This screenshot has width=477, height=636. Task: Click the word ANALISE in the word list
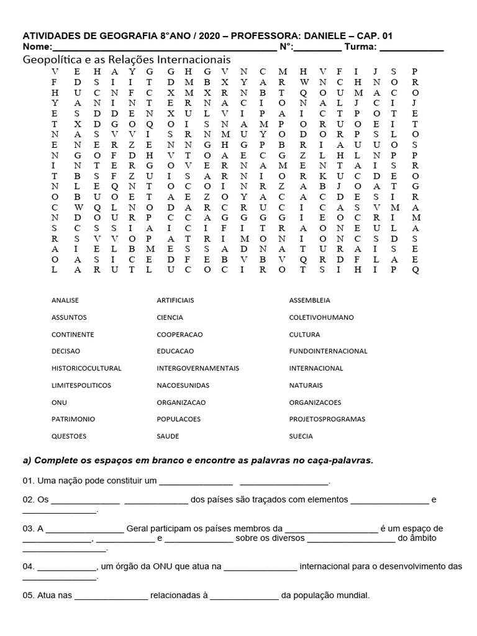click(x=65, y=300)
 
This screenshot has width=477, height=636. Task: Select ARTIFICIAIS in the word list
click(x=175, y=300)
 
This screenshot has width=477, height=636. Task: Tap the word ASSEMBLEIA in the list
click(x=310, y=300)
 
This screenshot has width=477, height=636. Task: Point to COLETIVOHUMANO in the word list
click(x=321, y=317)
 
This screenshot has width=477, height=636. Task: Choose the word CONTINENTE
click(x=73, y=334)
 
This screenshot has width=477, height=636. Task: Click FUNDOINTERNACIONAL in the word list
click(x=328, y=351)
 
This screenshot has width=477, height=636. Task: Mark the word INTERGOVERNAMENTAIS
click(x=198, y=368)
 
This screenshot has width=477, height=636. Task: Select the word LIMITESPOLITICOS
click(x=81, y=385)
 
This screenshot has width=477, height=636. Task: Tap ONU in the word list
click(x=59, y=402)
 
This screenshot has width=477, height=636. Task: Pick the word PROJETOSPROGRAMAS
click(x=327, y=419)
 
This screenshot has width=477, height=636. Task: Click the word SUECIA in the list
click(x=301, y=436)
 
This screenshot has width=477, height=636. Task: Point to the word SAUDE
click(x=168, y=436)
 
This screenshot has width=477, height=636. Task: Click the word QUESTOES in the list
click(x=69, y=436)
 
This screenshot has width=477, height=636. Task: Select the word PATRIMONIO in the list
click(x=73, y=419)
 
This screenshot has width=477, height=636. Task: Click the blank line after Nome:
click(x=165, y=48)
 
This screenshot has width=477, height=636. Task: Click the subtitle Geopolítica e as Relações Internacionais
click(x=127, y=60)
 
